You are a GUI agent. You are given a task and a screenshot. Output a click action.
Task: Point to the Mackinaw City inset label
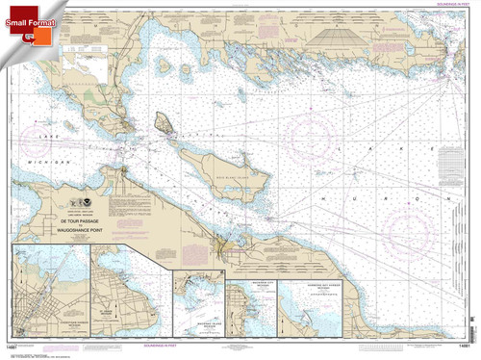click(247, 285)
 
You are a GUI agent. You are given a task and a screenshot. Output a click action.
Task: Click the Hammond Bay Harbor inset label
click(310, 287)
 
